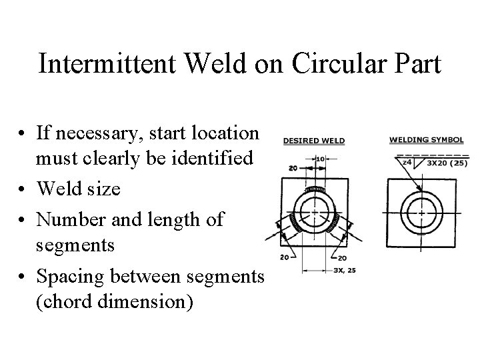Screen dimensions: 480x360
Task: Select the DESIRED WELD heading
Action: pos(313,141)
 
